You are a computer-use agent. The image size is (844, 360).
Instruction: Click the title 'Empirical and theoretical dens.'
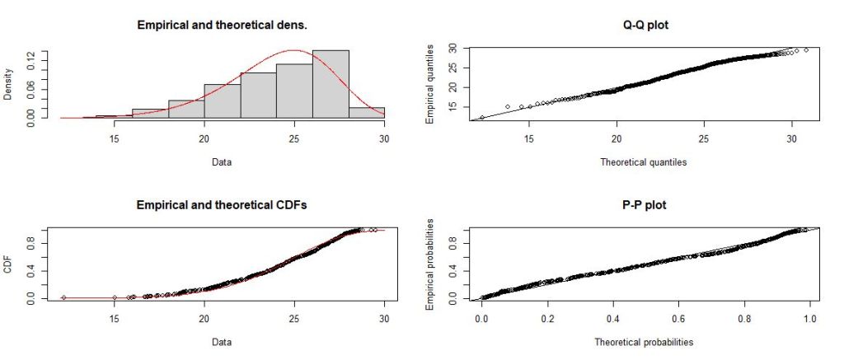pos(222,26)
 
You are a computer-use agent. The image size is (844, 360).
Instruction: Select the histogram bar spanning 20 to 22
pos(223,101)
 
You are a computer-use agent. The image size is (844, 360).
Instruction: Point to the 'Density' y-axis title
pos(9,83)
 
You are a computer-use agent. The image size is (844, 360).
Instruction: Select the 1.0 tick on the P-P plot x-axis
pos(810,315)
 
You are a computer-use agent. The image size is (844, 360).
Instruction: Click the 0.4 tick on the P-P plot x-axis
pos(612,315)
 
